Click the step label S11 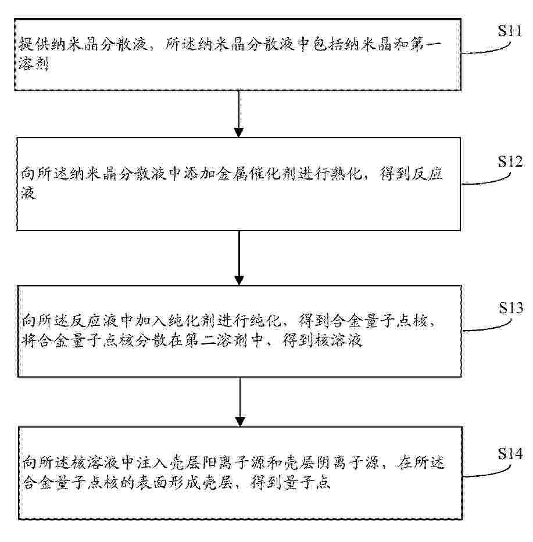510,31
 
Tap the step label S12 510,161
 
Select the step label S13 510,308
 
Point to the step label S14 510,454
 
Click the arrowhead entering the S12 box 239,132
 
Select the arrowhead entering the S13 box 239,281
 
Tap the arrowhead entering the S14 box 240,422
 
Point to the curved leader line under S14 487,473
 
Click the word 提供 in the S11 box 34,44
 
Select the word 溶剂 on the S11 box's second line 34,64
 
